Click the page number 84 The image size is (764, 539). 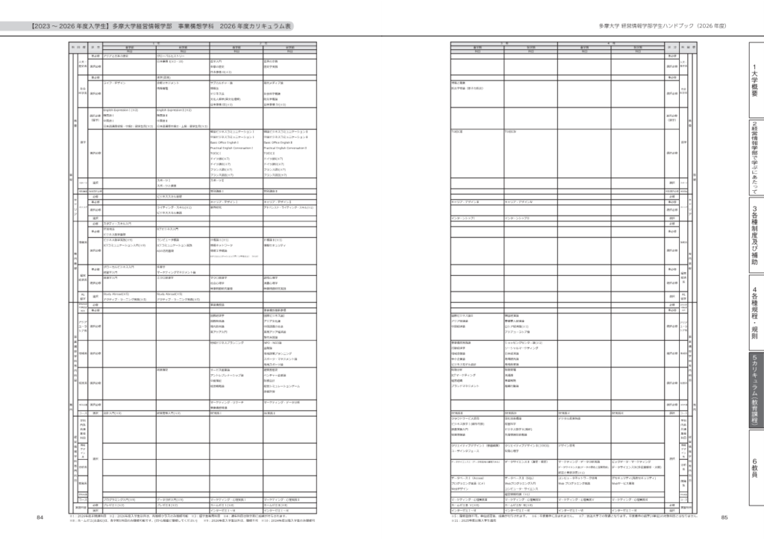[x=40, y=517]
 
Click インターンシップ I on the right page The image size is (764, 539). [x=464, y=218]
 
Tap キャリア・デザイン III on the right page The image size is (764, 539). [x=468, y=201]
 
